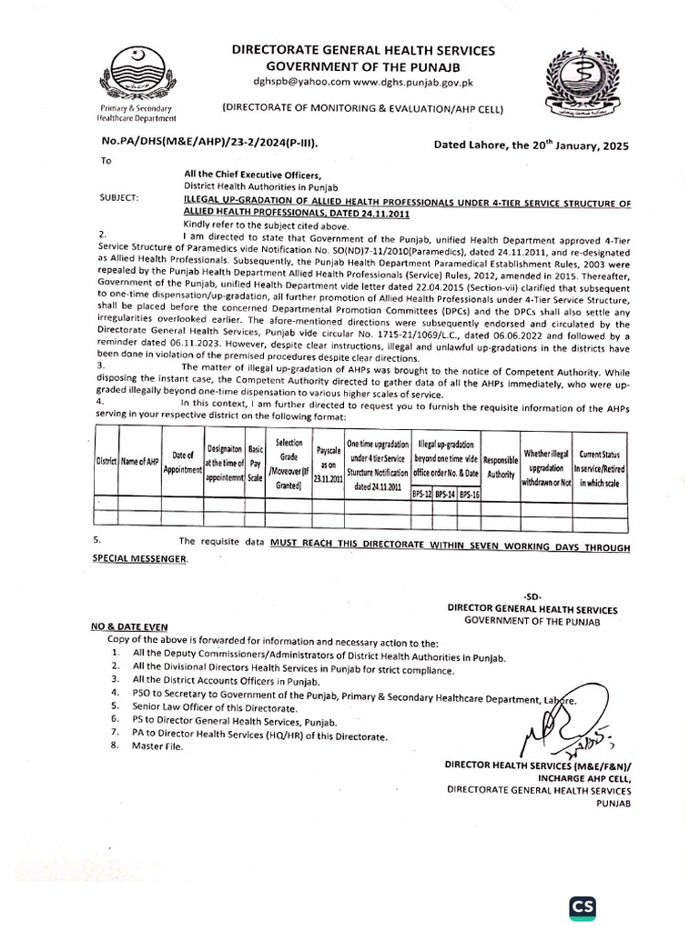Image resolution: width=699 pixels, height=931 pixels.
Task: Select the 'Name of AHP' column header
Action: [141, 462]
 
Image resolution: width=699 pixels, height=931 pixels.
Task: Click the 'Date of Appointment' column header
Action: [183, 461]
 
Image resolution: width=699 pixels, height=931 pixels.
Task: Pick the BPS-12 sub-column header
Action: [421, 494]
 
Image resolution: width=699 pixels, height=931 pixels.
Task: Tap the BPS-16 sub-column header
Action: [470, 494]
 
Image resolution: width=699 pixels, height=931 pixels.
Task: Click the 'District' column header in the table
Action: [106, 462]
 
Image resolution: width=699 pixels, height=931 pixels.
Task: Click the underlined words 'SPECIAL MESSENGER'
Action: [138, 559]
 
